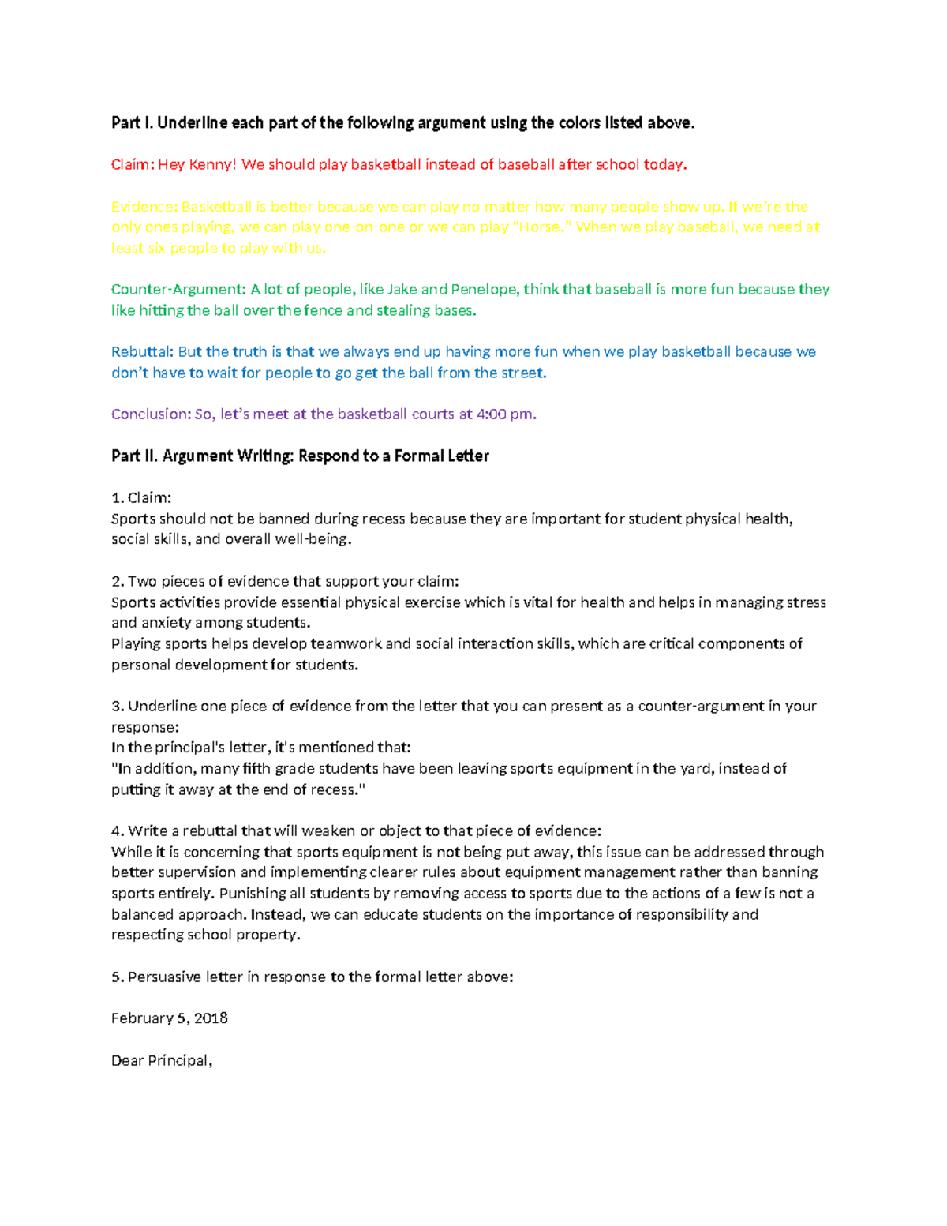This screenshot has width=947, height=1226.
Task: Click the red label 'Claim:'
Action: tap(132, 165)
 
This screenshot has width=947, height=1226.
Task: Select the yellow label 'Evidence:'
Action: tap(144, 207)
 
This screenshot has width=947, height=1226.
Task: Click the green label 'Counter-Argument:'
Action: tap(178, 290)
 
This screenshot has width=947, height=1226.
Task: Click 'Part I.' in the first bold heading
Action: tap(132, 123)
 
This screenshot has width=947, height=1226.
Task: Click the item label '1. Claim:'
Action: tap(141, 498)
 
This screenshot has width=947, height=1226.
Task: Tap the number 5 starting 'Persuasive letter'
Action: tap(116, 977)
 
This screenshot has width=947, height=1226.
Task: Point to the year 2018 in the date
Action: tap(211, 1018)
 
